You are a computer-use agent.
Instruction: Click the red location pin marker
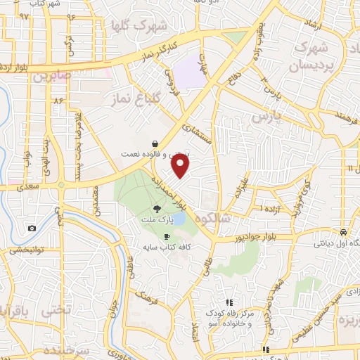point(181,167)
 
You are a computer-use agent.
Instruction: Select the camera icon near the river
point(32,228)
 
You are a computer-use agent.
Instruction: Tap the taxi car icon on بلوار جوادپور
point(342,232)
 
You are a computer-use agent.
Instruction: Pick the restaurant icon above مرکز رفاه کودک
point(228,302)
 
